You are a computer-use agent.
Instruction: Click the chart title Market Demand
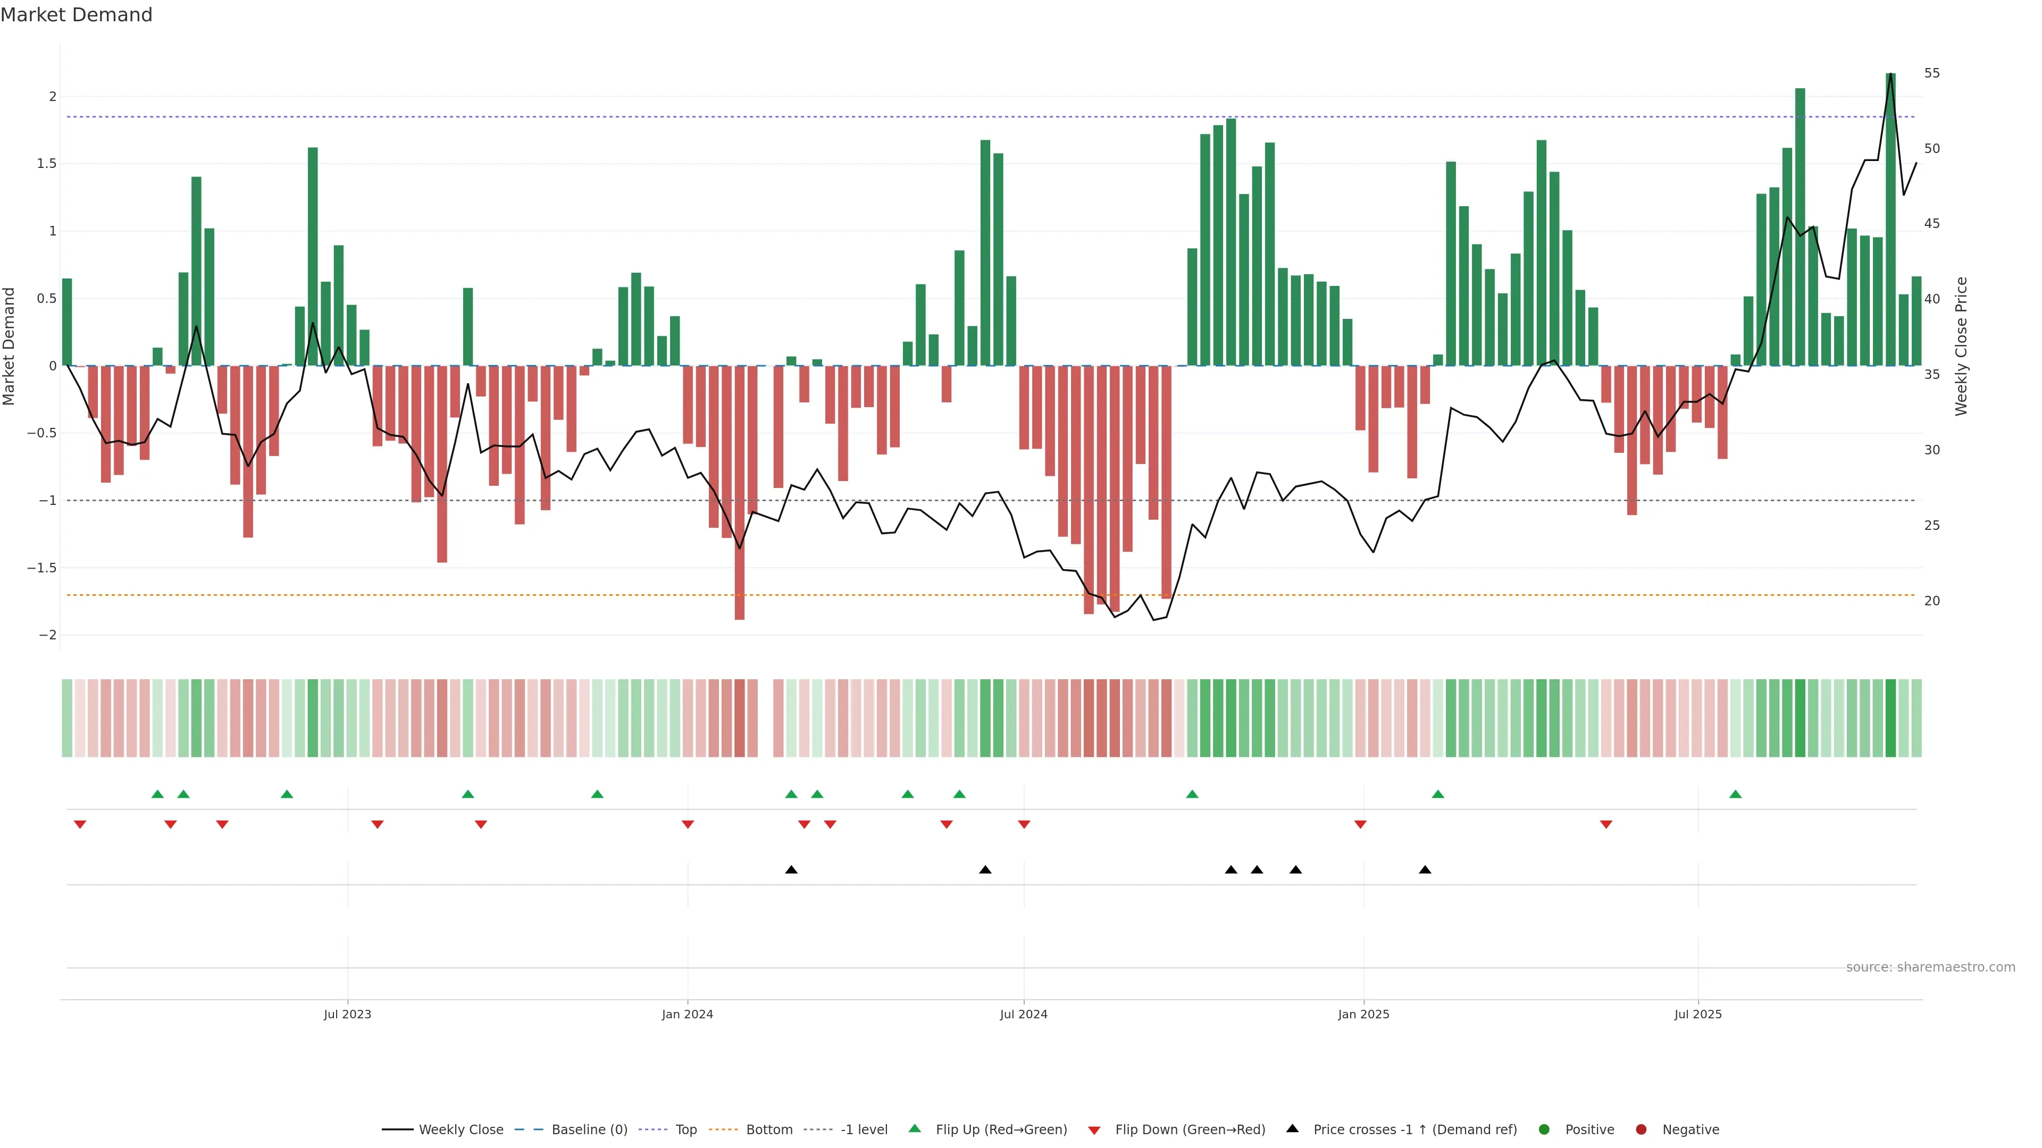(76, 15)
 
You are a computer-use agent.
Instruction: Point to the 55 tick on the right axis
(1932, 73)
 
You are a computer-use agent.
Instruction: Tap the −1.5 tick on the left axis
(41, 568)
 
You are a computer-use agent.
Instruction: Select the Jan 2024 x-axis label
(687, 1014)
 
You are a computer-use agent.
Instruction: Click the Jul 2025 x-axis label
(1697, 1014)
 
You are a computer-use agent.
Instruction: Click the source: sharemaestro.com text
(1930, 967)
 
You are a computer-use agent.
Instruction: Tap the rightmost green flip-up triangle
(1735, 794)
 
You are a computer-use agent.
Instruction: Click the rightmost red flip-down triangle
(1606, 825)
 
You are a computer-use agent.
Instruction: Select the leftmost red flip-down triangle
(80, 825)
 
